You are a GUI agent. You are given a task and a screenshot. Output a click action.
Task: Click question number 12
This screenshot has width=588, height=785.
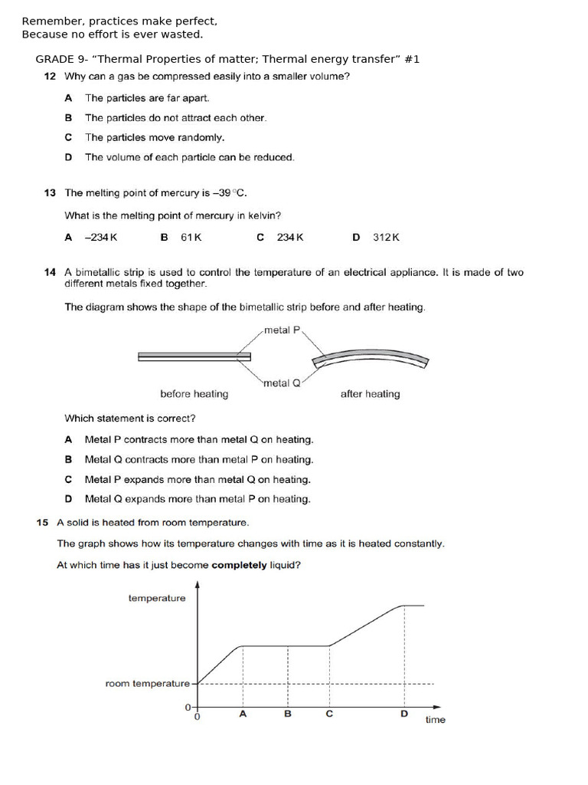tap(50, 77)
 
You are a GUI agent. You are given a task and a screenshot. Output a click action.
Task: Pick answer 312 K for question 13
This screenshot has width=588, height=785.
tap(386, 238)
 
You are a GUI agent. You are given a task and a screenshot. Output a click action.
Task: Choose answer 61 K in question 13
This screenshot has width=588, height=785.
tap(191, 238)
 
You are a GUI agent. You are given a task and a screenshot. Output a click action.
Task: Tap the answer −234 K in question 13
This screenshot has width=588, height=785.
tap(100, 238)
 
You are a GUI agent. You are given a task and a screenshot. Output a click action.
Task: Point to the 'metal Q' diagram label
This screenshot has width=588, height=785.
tap(282, 383)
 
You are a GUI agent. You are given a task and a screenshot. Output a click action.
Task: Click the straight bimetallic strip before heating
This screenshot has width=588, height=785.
tap(194, 356)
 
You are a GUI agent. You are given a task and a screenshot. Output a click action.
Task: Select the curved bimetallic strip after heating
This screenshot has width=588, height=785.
tap(371, 357)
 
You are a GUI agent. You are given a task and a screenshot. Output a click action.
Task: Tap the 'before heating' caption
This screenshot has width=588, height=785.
tap(194, 394)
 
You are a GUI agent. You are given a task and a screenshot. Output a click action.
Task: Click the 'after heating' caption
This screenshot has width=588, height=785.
tap(370, 394)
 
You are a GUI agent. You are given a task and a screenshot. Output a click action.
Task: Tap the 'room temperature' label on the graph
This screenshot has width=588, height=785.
tap(147, 683)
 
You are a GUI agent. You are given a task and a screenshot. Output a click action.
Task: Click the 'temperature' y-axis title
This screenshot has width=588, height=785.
tap(157, 598)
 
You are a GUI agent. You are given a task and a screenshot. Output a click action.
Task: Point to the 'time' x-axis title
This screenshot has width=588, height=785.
tap(435, 720)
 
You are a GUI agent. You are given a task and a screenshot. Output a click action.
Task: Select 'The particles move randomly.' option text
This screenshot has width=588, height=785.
tap(155, 137)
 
